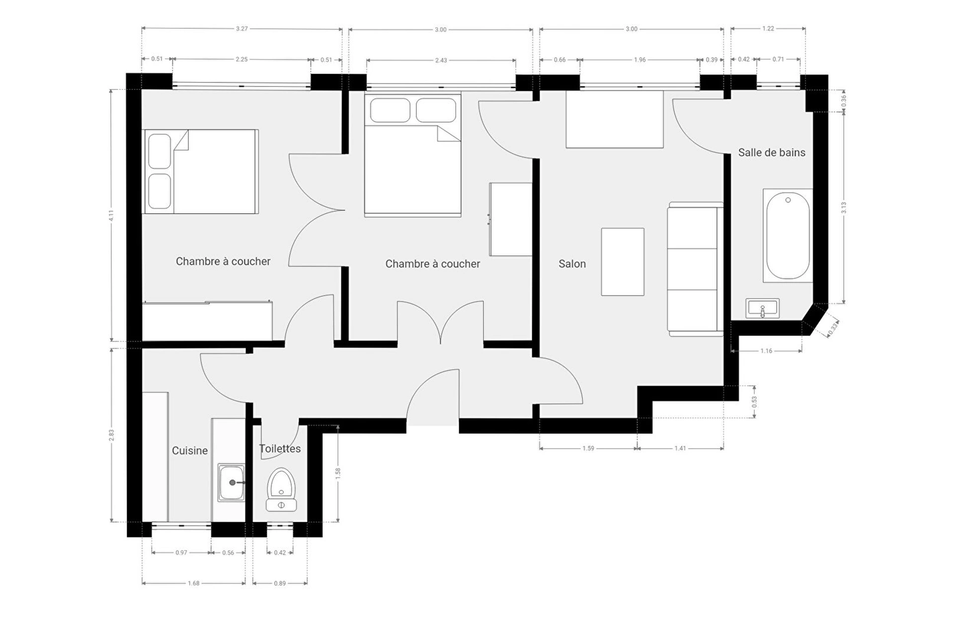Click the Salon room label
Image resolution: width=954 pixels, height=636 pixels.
point(572,264)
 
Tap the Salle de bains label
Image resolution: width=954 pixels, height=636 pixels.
point(772,153)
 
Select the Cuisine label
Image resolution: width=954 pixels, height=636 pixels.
point(190,451)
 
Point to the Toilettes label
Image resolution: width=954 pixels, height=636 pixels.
point(280,449)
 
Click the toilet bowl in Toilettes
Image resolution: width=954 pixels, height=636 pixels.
point(281,489)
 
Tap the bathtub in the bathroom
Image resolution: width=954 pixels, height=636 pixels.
point(788,236)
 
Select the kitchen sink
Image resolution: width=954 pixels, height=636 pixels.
point(232,482)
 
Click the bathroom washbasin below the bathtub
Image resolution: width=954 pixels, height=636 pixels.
point(763,309)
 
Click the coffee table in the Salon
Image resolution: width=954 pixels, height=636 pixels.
point(623,262)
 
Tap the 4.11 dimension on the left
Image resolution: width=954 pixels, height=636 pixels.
point(112,215)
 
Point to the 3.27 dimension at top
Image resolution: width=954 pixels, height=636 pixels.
point(242,29)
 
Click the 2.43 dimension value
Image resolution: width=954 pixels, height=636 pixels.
point(441,61)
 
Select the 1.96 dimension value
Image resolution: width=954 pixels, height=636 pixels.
point(640,60)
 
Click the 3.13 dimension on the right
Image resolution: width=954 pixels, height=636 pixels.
point(844,208)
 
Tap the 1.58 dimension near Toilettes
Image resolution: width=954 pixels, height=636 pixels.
point(338,473)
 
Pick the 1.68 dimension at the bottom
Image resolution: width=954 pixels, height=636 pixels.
point(194,583)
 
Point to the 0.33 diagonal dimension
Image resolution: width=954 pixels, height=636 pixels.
point(834,326)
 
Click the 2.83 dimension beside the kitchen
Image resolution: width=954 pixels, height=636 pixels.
point(112,435)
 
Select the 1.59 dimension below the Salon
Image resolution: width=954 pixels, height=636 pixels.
point(588,448)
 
